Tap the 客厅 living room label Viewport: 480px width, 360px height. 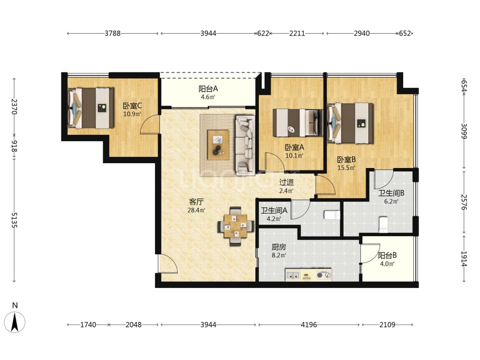tap(196, 202)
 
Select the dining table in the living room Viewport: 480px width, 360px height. tap(235, 227)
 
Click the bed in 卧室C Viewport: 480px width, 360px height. tap(91, 108)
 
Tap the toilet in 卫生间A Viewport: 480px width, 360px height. tap(332, 215)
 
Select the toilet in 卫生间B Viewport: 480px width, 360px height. tap(383, 225)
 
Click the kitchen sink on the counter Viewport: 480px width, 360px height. tap(293, 275)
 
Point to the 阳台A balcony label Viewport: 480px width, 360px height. tap(208, 89)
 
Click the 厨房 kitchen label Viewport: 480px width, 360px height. tap(278, 247)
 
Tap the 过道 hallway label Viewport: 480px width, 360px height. tap(287, 182)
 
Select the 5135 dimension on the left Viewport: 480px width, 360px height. tap(14, 220)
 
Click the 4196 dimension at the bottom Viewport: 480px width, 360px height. tap(309, 324)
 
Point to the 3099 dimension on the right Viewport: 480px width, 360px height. tap(464, 131)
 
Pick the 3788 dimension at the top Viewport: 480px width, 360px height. tap(113, 34)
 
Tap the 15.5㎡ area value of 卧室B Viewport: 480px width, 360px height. tap(346, 168)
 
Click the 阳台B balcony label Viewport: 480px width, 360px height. tap(387, 255)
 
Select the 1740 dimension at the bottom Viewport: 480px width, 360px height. tap(88, 324)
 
